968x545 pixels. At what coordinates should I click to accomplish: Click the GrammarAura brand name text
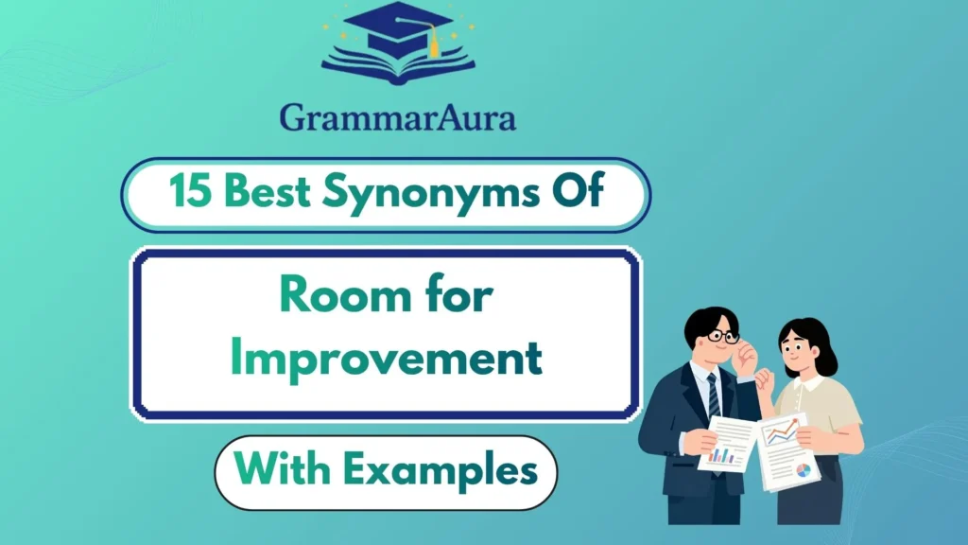(397, 119)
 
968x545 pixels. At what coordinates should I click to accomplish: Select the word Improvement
(387, 359)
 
